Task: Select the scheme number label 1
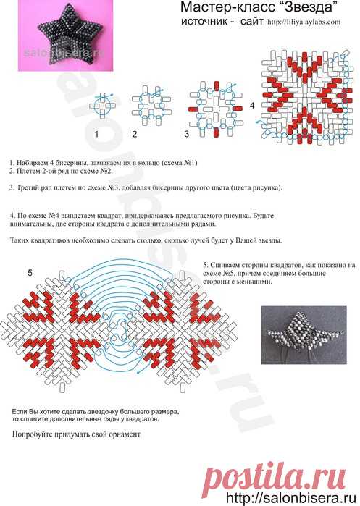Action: (x=96, y=135)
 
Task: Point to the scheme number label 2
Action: (x=135, y=135)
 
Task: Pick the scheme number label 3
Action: (x=186, y=135)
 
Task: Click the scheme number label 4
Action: (x=252, y=105)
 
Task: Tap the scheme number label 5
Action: (x=30, y=273)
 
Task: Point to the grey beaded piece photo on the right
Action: (x=304, y=331)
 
